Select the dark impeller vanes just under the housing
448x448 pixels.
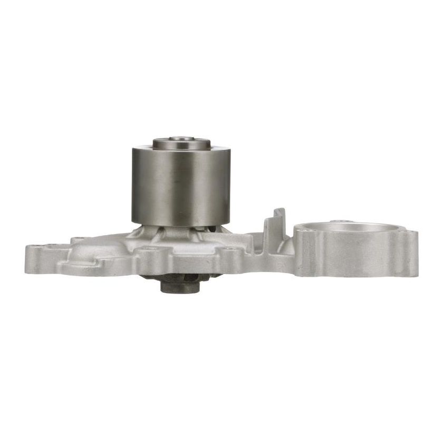pos(158,277)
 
